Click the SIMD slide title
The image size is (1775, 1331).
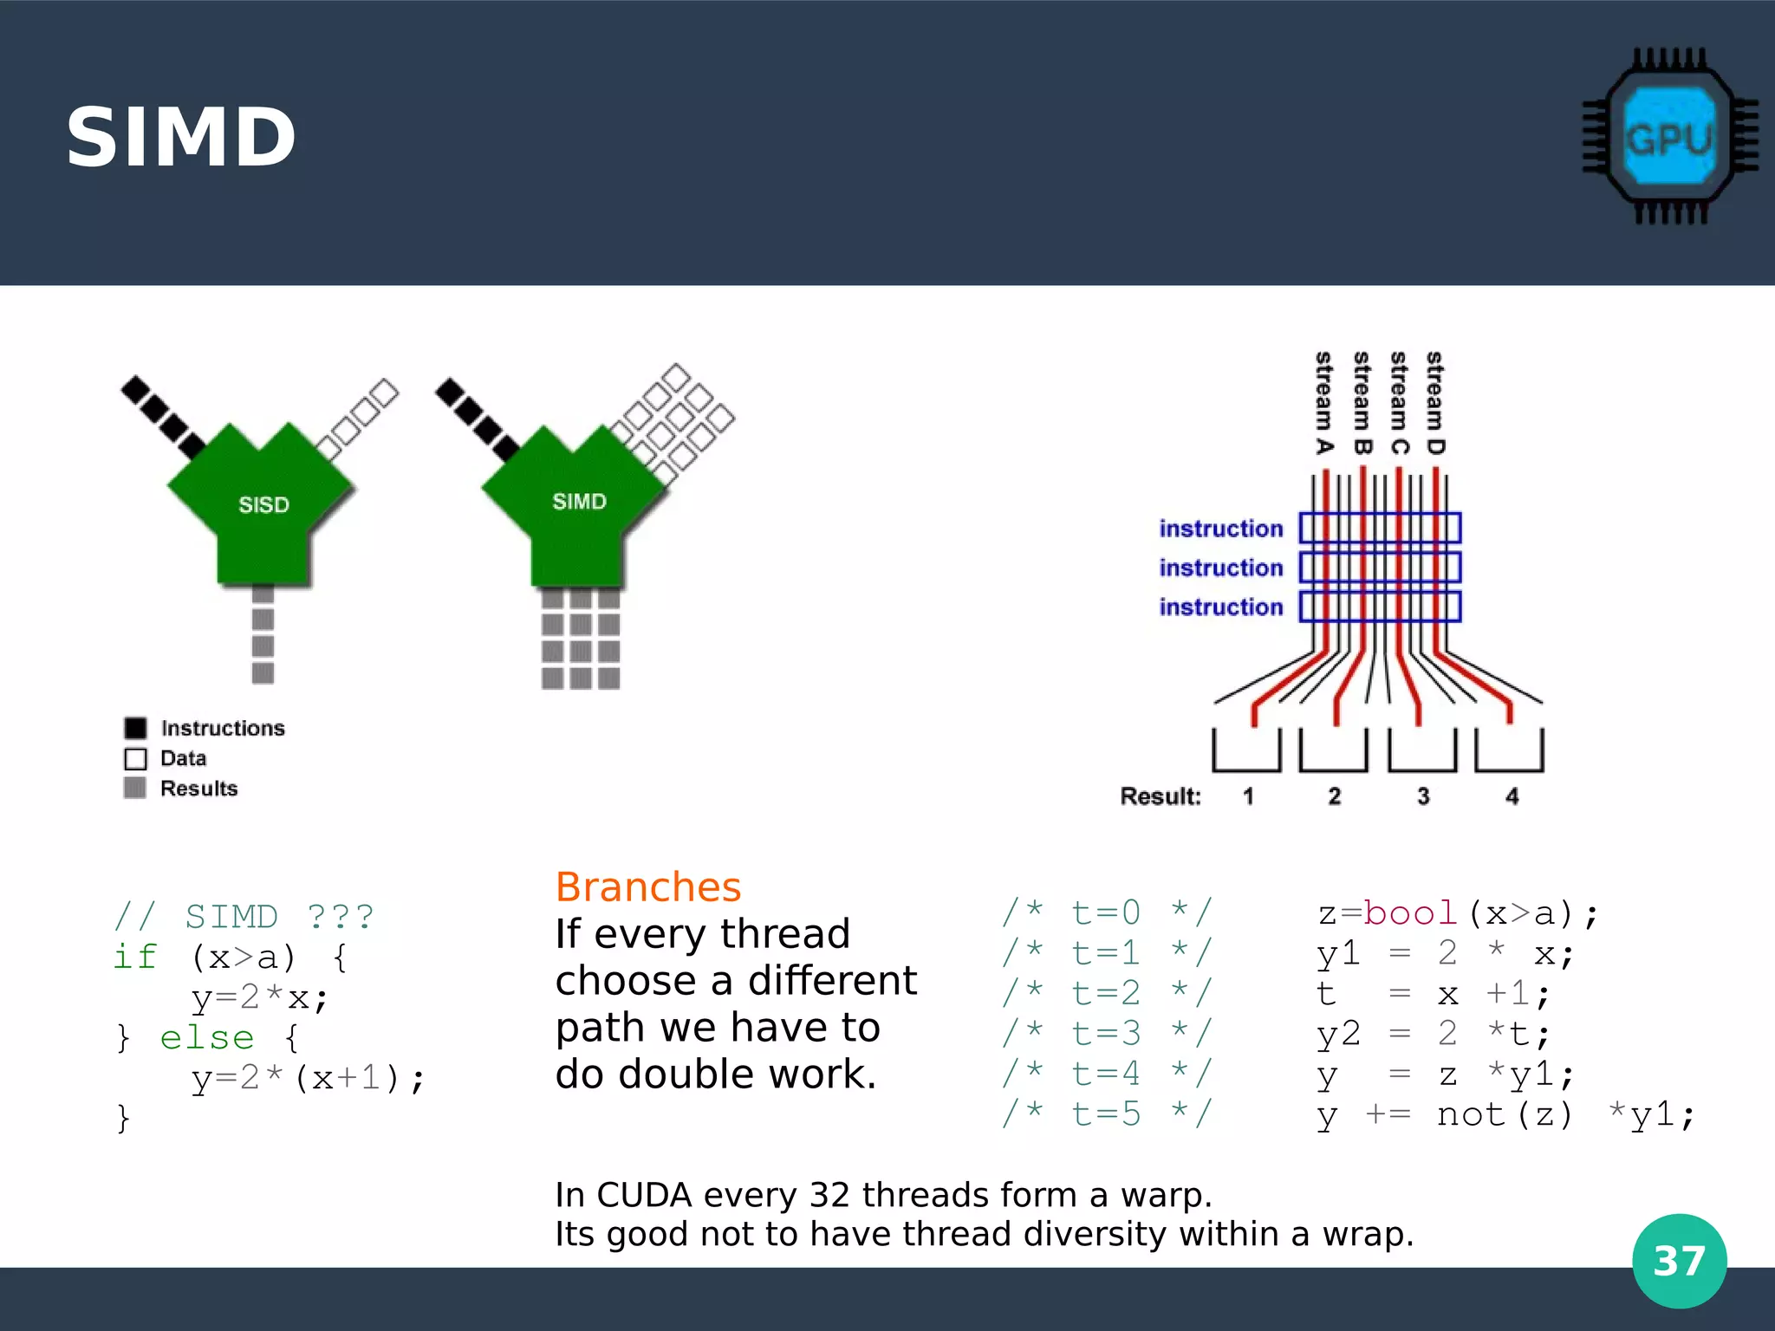pos(181,138)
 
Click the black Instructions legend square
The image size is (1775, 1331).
pos(135,728)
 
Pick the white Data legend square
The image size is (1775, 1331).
pos(135,758)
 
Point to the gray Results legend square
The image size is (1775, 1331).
pos(135,788)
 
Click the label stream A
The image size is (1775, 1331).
pos(1323,403)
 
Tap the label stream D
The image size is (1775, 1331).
pos(1435,403)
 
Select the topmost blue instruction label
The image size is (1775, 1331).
pos(1220,529)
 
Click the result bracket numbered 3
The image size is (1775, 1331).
pos(1421,751)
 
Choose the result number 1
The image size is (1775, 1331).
pos(1248,796)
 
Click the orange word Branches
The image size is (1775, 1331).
pos(648,887)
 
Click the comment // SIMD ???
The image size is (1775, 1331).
pos(244,917)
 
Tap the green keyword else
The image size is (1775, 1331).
pos(206,1037)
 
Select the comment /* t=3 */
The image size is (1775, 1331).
pos(1106,1033)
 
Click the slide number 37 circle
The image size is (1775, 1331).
pos(1679,1261)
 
